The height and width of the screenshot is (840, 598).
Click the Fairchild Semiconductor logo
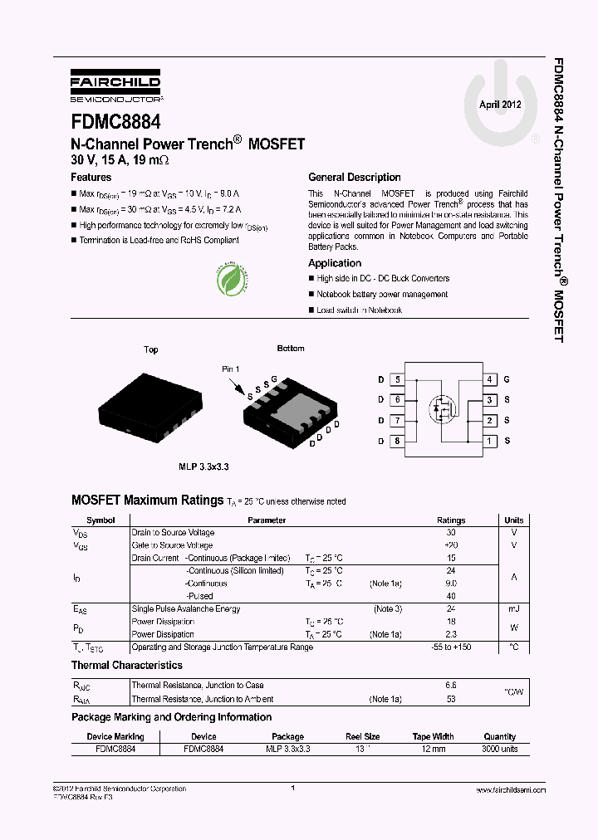(115, 86)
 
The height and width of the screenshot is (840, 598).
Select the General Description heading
(354, 178)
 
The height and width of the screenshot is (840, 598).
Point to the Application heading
(335, 263)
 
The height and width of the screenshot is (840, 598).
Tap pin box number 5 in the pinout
(398, 379)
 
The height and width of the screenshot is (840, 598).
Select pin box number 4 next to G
(490, 379)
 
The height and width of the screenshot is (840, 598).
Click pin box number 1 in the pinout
(490, 441)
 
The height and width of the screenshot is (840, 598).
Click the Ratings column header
(451, 520)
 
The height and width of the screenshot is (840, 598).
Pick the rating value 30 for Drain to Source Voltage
(451, 533)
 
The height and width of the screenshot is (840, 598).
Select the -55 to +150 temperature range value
(451, 647)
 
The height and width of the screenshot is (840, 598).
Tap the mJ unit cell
(513, 609)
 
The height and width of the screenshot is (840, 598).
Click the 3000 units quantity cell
(499, 749)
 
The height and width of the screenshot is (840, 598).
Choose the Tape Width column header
(433, 736)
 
